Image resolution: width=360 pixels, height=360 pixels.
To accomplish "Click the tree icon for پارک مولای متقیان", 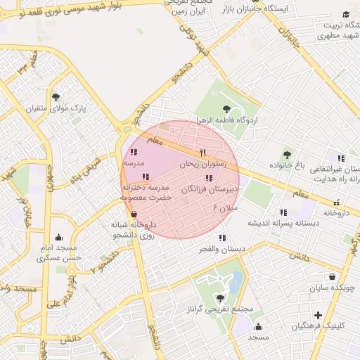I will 56,98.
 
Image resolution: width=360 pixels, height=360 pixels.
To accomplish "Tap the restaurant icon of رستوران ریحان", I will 202,153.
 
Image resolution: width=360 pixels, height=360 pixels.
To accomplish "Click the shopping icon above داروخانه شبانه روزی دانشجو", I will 134,214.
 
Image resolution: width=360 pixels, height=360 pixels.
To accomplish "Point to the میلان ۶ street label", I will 226,208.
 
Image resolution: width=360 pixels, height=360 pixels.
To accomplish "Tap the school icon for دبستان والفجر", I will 223,238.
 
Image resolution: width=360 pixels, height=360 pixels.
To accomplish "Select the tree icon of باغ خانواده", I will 286,155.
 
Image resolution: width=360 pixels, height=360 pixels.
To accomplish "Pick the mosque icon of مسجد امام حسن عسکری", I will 58,237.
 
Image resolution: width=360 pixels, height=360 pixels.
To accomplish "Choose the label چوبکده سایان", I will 331,288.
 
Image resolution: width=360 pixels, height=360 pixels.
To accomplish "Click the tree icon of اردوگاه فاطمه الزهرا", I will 226,109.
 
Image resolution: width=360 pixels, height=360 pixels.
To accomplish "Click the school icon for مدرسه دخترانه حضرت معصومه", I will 146,176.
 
